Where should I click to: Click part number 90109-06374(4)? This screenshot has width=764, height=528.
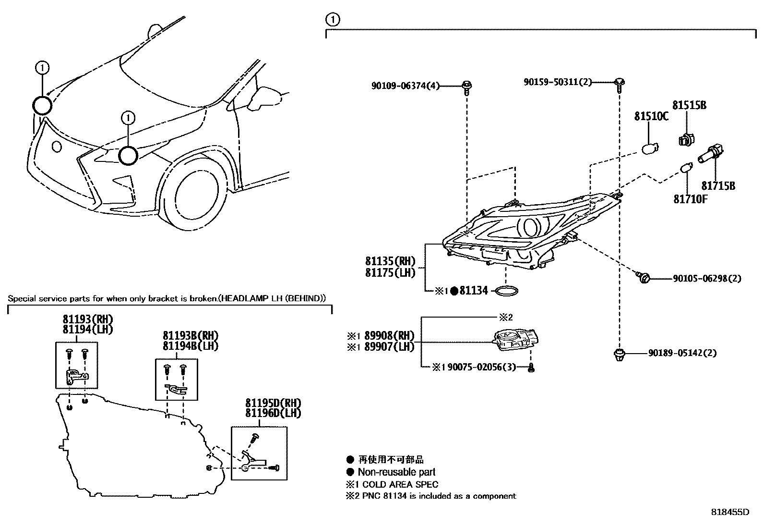[405, 86]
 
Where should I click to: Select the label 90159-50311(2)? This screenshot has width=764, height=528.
[558, 83]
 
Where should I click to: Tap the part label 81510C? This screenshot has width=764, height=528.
[651, 116]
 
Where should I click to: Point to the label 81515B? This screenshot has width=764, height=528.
[689, 105]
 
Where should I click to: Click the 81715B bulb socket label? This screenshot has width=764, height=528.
[718, 185]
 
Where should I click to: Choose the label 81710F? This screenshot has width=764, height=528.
[690, 199]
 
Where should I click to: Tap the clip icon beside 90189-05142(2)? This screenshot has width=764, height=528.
[619, 355]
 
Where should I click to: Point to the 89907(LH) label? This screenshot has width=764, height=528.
[389, 346]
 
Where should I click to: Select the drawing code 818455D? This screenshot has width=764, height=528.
[729, 512]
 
